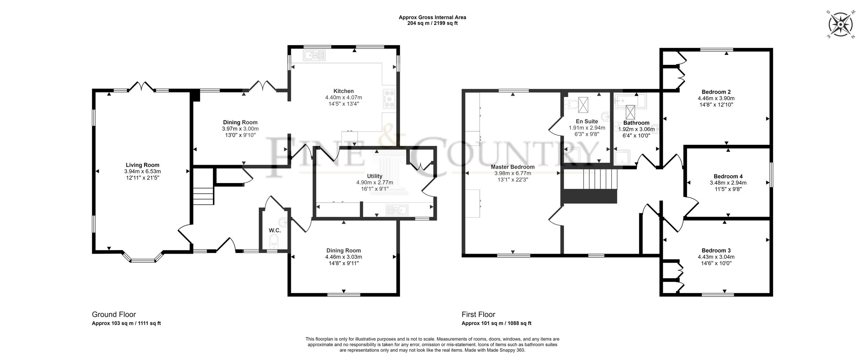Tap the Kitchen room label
343,91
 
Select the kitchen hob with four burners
390,98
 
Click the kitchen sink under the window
314,55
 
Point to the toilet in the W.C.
275,240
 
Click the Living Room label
142,165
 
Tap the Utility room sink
396,210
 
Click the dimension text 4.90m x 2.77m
374,183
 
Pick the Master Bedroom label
513,167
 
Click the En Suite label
587,121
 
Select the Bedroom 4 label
728,176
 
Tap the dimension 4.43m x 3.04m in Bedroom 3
716,257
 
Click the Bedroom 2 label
716,92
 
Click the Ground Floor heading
114,314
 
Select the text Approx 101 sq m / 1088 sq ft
496,323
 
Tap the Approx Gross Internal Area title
432,17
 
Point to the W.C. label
275,230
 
